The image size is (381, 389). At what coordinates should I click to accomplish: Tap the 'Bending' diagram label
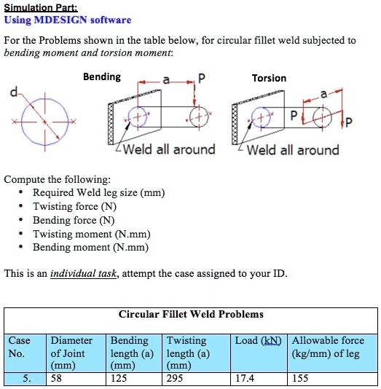pos(102,77)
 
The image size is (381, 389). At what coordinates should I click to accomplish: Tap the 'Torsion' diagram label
pos(269,78)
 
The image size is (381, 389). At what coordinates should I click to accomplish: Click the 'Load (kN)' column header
pos(259,341)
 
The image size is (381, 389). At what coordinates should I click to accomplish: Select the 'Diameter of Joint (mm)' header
pos(71,353)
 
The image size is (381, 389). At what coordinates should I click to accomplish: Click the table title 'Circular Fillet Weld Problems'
pos(191,315)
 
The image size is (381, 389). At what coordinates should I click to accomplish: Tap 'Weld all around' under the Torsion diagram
pos(293,150)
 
